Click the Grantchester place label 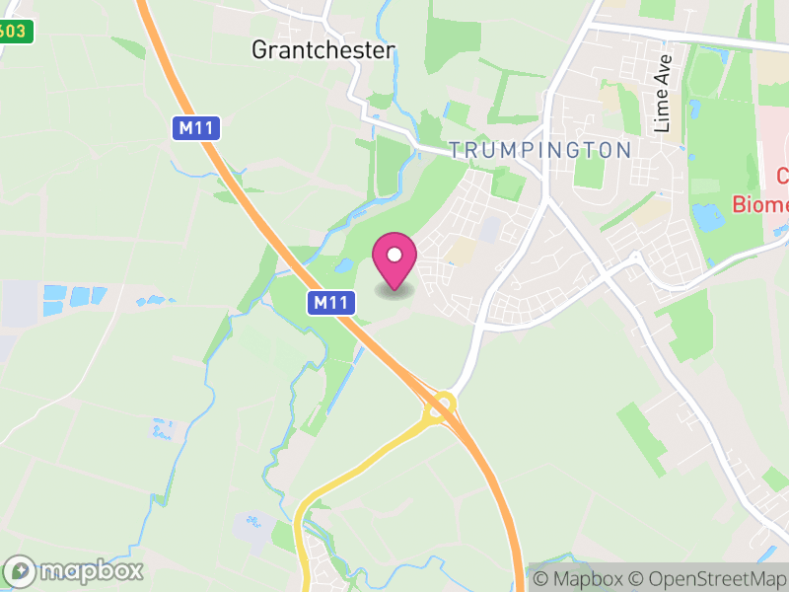coord(323,49)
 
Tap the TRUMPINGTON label coord(539,150)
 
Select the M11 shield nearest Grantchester coord(195,128)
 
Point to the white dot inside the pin coord(394,255)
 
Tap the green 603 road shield coord(14,32)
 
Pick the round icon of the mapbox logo coord(21,570)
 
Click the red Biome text coord(760,204)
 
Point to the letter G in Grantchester coord(259,50)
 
